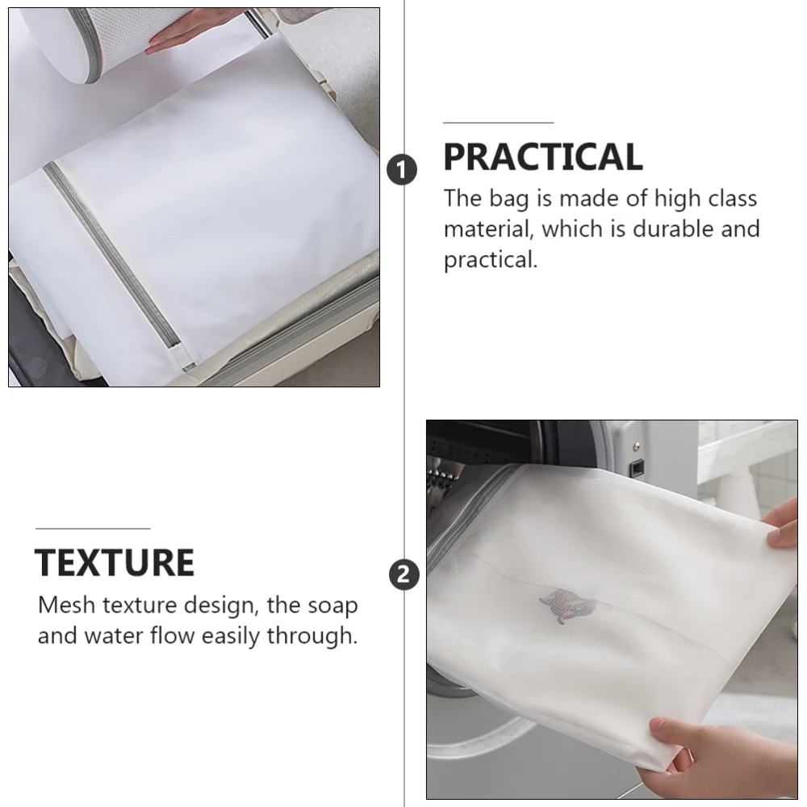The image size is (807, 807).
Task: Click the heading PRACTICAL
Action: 542,157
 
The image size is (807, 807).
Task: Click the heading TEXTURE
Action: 115,562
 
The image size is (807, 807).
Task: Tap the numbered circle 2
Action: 403,575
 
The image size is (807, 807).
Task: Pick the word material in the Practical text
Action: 487,229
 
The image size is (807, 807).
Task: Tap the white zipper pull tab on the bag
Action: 182,360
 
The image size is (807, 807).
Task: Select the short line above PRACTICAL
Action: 498,123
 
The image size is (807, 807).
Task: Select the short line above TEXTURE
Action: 93,529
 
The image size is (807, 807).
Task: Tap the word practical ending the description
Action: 489,261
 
